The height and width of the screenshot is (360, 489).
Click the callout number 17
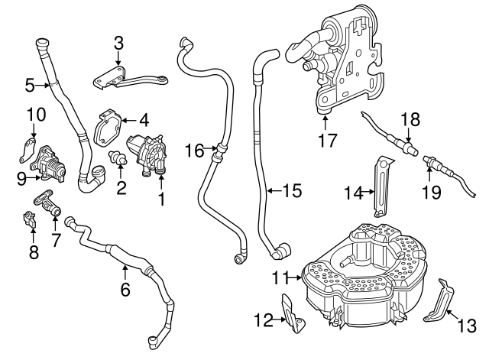pos(326,141)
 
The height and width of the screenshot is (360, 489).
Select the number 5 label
pos(30,85)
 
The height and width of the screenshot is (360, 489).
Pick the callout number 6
pos(125,290)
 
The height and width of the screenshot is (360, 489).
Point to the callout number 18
pos(410,120)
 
